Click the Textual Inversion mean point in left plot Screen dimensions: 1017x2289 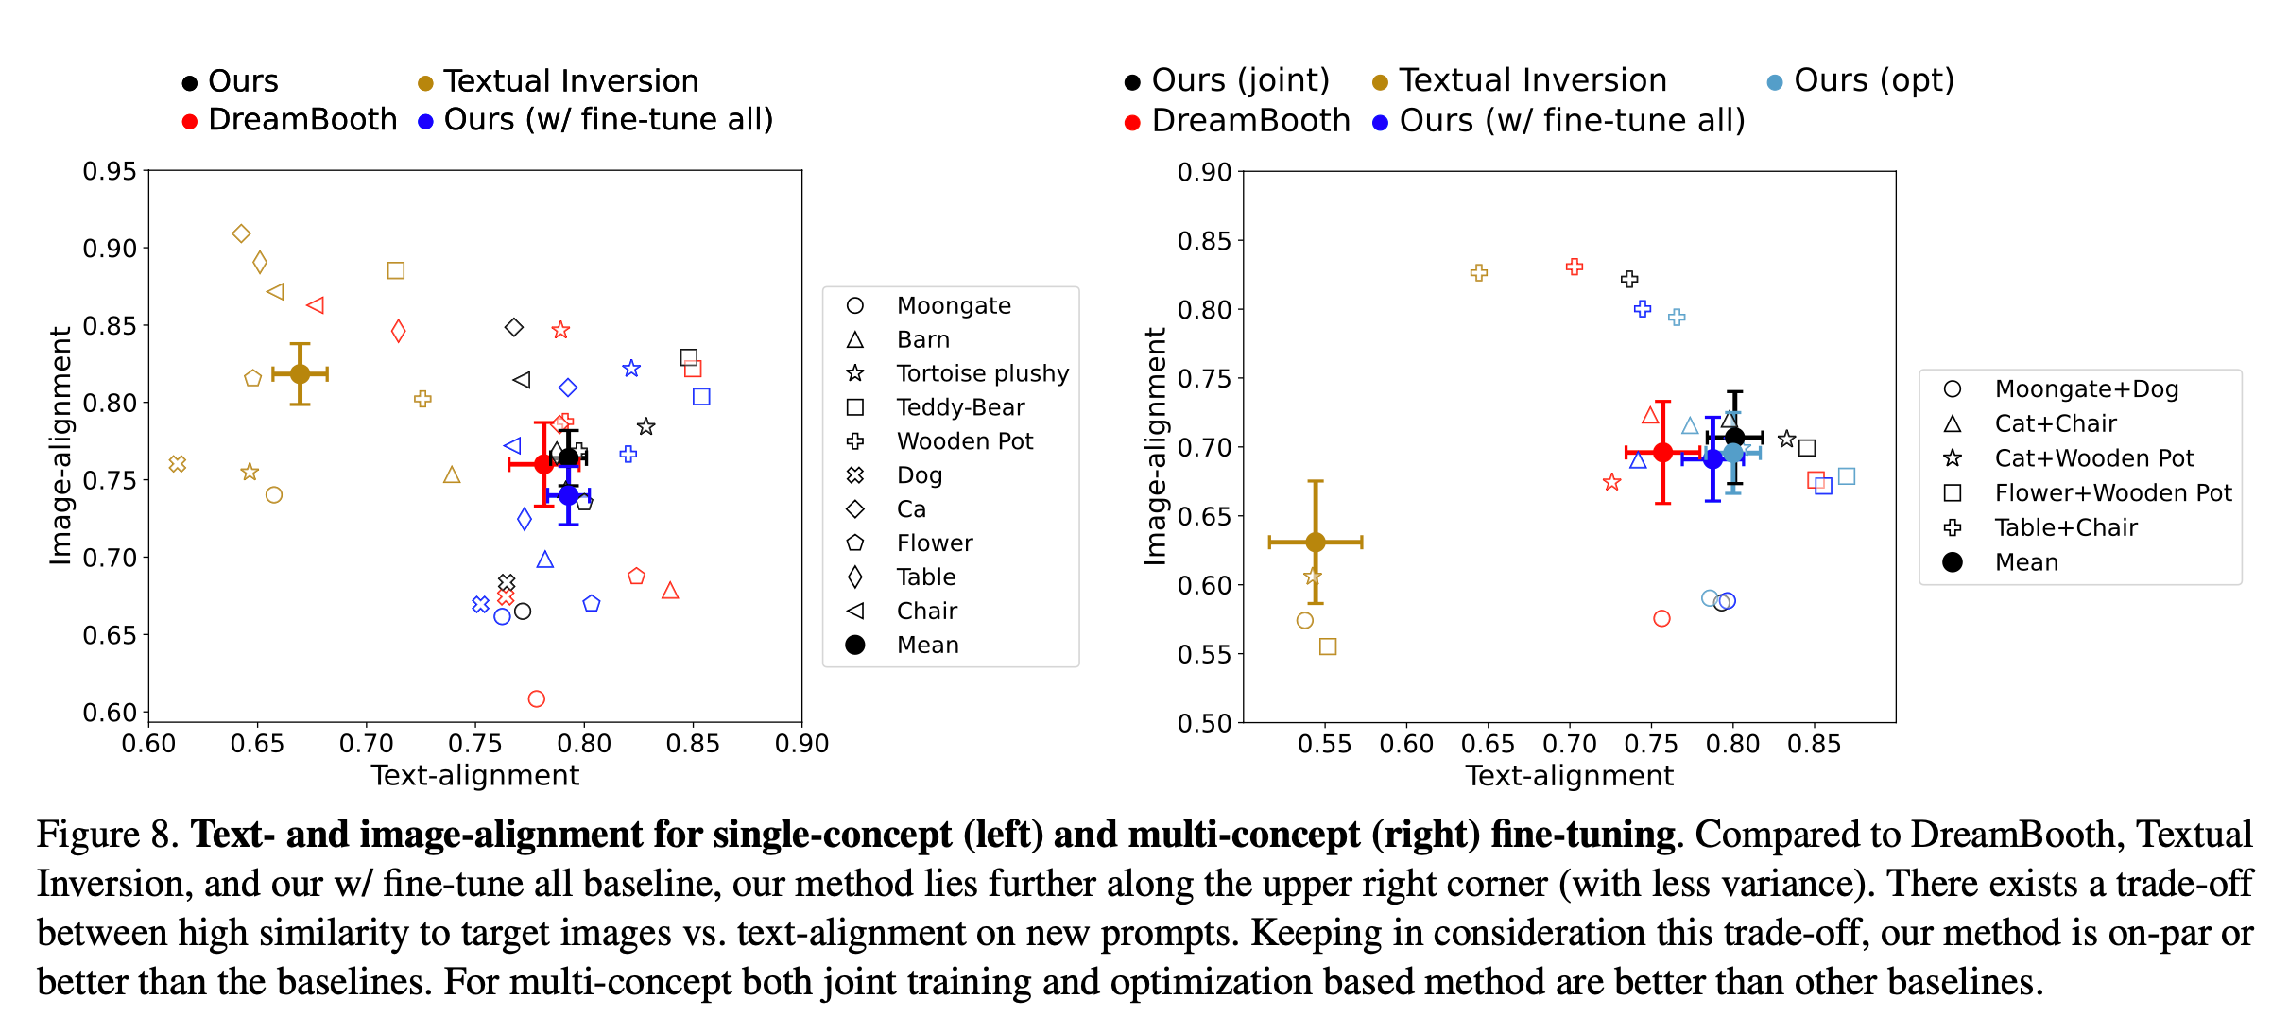(x=300, y=373)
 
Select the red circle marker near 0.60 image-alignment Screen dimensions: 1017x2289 (x=537, y=699)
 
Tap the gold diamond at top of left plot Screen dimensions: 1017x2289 (x=241, y=233)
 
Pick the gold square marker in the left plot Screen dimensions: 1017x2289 (x=396, y=271)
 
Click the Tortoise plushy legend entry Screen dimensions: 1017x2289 (x=982, y=373)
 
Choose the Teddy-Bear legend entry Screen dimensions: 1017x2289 (x=960, y=407)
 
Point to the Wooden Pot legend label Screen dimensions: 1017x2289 (x=964, y=441)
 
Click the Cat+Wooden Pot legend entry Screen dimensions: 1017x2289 (x=2093, y=458)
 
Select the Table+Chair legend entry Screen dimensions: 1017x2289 (x=2065, y=527)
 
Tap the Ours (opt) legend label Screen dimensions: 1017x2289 (x=1873, y=80)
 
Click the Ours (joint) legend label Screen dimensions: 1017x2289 (x=1240, y=80)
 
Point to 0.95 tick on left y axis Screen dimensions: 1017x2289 (x=110, y=171)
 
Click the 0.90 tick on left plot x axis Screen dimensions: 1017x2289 (x=801, y=744)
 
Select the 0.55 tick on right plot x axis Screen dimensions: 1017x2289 (x=1324, y=744)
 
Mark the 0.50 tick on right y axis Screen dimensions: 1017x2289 (x=1204, y=723)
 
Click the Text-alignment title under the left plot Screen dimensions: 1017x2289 (x=474, y=775)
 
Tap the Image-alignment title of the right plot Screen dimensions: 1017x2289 (x=1155, y=446)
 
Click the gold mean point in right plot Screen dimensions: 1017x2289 (x=1316, y=543)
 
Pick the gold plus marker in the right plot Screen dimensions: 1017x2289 (x=1479, y=273)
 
